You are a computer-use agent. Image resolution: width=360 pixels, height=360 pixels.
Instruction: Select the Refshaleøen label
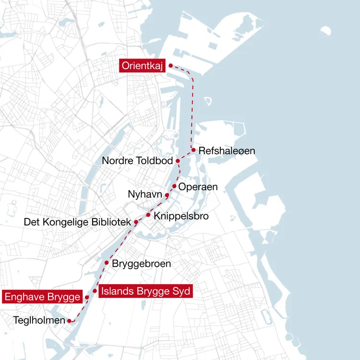point(227,151)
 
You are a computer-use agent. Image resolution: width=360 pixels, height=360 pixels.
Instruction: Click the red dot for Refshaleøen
point(193,150)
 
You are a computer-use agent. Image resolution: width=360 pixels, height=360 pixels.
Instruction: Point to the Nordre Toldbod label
point(137,161)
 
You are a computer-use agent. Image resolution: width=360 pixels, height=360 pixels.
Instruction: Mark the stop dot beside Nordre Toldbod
point(178,161)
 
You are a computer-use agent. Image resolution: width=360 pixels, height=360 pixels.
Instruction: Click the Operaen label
point(198,187)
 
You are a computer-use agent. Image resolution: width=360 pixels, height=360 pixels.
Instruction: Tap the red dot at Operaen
point(174,186)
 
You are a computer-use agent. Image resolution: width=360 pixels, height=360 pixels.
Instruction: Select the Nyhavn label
point(145,194)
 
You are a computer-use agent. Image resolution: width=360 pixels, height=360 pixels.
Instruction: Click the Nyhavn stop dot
point(167,195)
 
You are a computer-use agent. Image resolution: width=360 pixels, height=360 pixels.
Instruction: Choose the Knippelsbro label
point(181,216)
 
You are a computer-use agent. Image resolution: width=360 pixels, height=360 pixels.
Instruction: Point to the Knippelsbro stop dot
point(148,215)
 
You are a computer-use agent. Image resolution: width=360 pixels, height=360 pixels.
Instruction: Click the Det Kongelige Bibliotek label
point(77,222)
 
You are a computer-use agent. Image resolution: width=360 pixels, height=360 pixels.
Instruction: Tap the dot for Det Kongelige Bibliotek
point(136,222)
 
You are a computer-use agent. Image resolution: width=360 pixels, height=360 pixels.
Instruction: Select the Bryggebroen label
point(141,264)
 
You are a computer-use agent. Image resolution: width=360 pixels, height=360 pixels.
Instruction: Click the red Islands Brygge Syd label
point(146,291)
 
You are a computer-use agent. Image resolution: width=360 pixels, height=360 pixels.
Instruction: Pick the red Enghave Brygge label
point(42,297)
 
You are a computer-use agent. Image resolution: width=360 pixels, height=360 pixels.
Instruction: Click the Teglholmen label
point(39,319)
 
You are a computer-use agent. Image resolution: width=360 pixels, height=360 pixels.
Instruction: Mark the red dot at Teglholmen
point(70,320)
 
